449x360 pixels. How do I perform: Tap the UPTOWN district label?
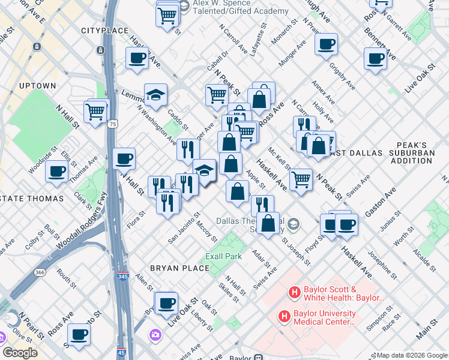click(37, 86)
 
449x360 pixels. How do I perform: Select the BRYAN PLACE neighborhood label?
click(175, 268)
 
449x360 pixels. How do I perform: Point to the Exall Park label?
click(223, 256)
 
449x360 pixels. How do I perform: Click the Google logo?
click(20, 352)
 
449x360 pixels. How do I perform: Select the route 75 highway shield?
click(112, 125)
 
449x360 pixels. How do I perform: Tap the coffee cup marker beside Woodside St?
click(58, 170)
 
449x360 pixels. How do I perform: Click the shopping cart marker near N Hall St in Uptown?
click(96, 110)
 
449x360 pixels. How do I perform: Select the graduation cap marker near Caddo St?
click(155, 94)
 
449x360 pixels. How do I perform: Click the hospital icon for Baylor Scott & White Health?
click(294, 293)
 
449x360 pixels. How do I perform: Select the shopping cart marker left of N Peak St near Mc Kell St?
click(300, 178)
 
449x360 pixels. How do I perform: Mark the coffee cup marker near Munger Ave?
click(326, 44)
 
